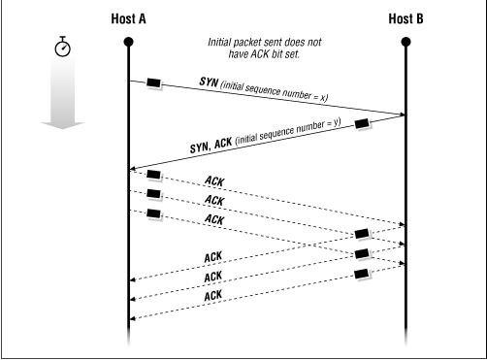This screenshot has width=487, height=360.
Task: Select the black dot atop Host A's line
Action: pos(129,42)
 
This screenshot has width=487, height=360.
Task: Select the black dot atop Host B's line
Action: pos(406,42)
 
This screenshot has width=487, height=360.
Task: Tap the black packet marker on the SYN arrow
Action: pos(153,82)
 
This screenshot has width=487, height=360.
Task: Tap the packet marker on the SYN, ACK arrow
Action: pos(362,122)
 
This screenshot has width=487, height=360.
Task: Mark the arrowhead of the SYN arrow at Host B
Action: pos(401,115)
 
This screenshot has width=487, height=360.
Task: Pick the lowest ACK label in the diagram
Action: pos(214,293)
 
